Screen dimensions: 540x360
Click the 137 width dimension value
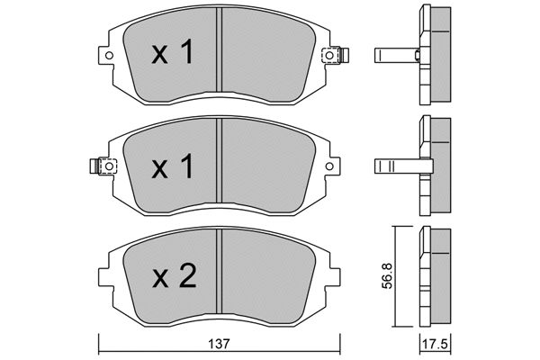tap(219, 344)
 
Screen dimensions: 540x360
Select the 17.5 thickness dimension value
tap(435, 345)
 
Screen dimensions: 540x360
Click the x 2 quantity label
tap(175, 275)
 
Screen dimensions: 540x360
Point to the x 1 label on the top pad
tap(172, 52)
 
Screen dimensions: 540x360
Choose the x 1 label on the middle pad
tap(172, 166)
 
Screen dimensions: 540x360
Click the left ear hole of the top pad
tap(109, 56)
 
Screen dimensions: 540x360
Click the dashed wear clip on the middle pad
tap(103, 166)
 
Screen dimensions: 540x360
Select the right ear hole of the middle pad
tap(329, 166)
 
